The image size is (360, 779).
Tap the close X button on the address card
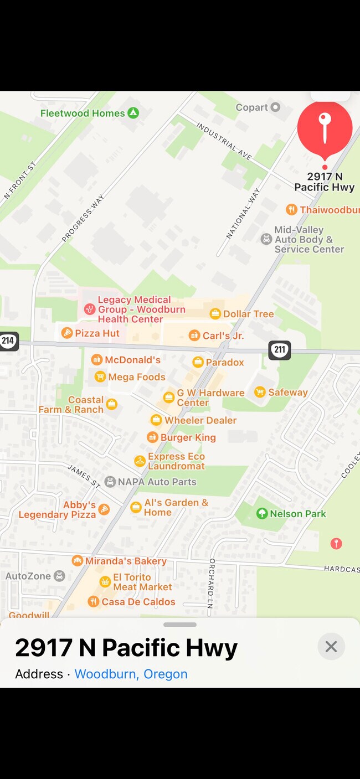coord(331,646)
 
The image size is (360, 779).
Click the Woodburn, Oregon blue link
coord(131,674)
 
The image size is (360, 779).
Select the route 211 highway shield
coord(280,349)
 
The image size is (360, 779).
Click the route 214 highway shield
coord(8,341)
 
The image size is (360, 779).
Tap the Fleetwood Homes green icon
coord(133,113)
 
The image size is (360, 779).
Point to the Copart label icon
coord(275,107)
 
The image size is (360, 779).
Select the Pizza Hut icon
coord(67,333)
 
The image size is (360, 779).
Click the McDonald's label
coord(132,360)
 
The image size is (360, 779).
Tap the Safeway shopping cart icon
coord(260,392)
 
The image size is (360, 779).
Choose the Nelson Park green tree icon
coord(262,514)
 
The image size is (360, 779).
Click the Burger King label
coord(188,437)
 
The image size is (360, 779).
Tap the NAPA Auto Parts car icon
coord(110,482)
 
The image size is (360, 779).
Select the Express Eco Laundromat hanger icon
coord(140,461)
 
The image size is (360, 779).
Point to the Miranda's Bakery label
coord(126,561)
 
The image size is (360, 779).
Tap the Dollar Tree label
coord(248,314)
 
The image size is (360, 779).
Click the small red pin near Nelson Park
coord(336,544)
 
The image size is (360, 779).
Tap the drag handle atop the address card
coord(180,625)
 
